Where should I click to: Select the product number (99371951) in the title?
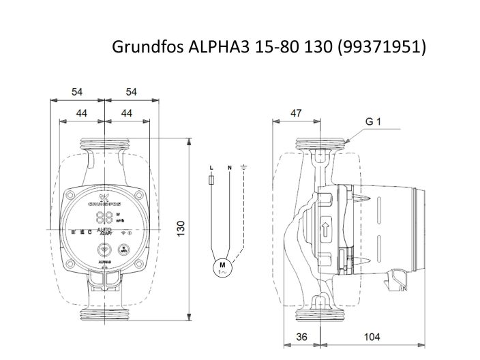click(384, 47)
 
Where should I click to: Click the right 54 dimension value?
click(132, 91)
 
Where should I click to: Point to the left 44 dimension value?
click(81, 113)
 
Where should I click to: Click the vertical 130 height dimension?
click(181, 228)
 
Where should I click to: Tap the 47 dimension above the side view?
click(295, 113)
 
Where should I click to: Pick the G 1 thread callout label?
click(372, 122)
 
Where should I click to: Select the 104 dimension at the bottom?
click(372, 337)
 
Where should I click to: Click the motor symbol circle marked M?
click(221, 266)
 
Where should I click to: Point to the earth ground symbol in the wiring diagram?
click(243, 166)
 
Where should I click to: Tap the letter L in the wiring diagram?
click(211, 167)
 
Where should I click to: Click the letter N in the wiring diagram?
click(230, 167)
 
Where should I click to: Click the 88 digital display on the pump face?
click(104, 217)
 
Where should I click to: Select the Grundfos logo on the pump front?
click(104, 200)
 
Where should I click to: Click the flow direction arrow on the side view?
click(325, 228)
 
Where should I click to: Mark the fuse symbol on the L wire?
click(211, 181)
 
